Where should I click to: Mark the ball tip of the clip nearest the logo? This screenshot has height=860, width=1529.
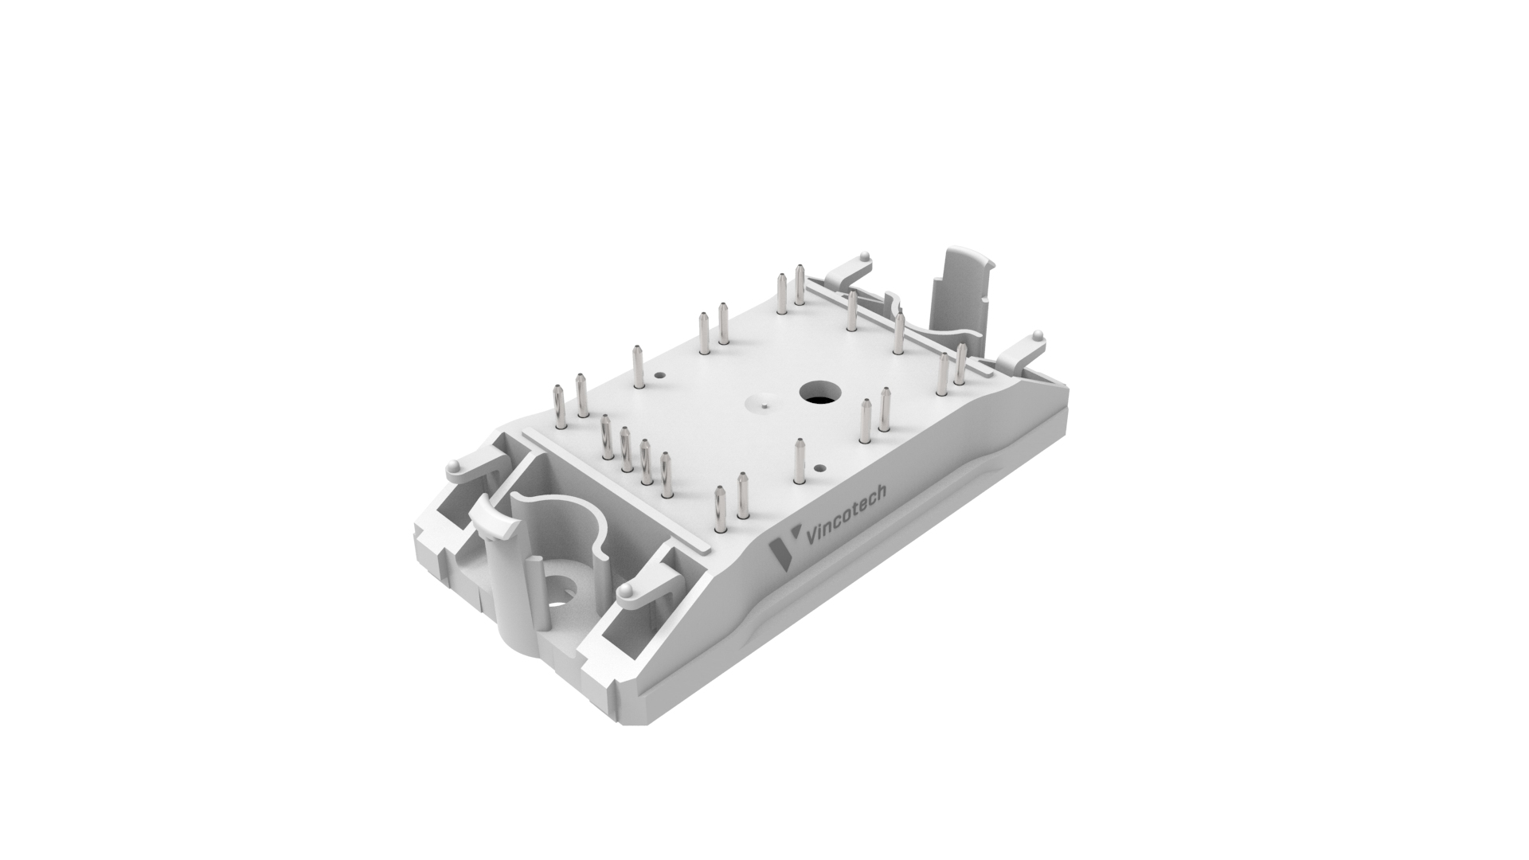pos(627,590)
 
